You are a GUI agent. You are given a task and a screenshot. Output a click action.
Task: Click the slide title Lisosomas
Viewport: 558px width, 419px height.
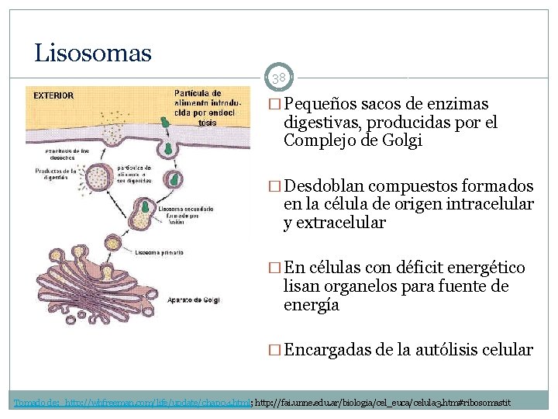93,54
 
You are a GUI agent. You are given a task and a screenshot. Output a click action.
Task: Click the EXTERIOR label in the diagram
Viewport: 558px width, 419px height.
53,96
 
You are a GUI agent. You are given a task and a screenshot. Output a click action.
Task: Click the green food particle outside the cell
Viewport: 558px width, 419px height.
164,121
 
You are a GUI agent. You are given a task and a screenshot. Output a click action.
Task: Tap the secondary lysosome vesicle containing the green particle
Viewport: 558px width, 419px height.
144,210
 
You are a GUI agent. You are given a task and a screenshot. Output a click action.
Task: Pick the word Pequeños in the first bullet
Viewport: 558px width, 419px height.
319,104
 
